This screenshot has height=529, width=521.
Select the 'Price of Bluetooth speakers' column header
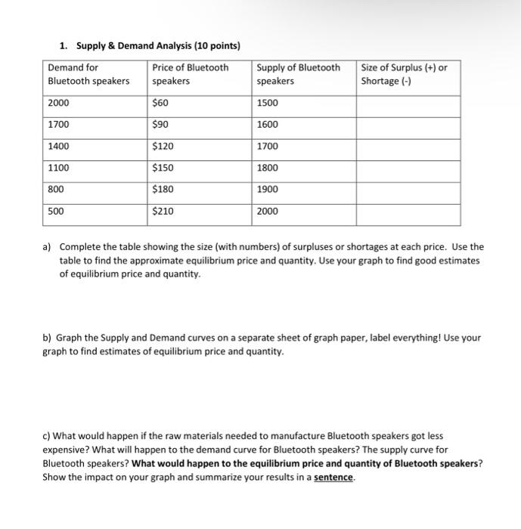click(190, 74)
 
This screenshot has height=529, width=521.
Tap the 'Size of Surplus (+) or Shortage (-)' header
click(404, 74)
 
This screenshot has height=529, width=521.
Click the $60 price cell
click(161, 103)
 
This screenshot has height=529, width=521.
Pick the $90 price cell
click(161, 125)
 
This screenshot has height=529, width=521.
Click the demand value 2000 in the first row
click(57, 103)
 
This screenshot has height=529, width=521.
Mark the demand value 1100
click(57, 168)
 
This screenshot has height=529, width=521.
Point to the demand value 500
click(55, 211)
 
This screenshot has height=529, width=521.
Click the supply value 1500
click(267, 103)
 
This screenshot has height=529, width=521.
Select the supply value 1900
click(267, 189)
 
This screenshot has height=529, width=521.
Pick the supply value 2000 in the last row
click(267, 211)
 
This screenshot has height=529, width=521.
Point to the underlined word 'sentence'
click(333, 478)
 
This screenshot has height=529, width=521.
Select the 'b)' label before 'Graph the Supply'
click(47, 338)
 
